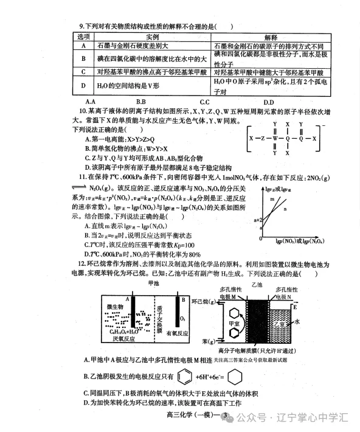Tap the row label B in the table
click(x=83, y=58)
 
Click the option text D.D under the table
click(x=268, y=101)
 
